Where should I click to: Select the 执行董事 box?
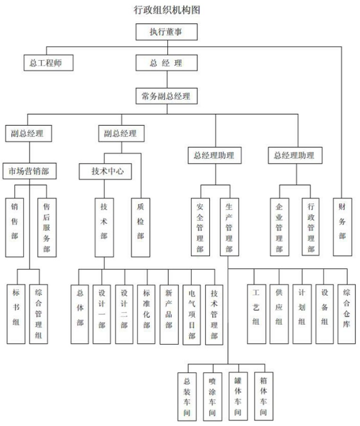click(x=166, y=32)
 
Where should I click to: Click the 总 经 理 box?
click(x=166, y=63)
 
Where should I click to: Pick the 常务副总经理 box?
click(x=166, y=96)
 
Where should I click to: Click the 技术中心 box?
click(x=108, y=171)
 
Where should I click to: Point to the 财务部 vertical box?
click(x=342, y=227)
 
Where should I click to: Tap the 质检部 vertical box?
click(x=140, y=227)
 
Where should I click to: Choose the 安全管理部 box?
click(x=200, y=227)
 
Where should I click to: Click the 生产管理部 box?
click(x=229, y=227)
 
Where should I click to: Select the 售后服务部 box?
click(x=46, y=227)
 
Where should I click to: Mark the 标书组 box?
click(x=16, y=314)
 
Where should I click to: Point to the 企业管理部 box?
click(x=279, y=227)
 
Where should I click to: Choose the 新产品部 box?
click(x=169, y=314)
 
